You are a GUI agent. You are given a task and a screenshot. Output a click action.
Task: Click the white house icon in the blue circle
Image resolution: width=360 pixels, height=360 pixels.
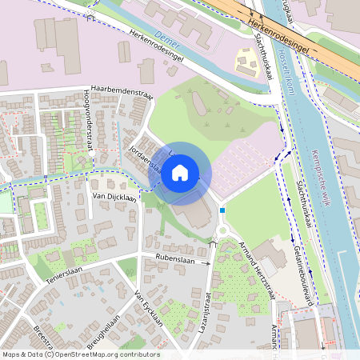pyautogui.click(x=180, y=173)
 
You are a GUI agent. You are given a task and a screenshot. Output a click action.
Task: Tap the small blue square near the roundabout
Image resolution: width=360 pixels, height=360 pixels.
pyautogui.click(x=223, y=210)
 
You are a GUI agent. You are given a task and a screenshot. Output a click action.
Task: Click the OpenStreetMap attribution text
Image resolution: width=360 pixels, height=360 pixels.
pyautogui.click(x=80, y=354)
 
